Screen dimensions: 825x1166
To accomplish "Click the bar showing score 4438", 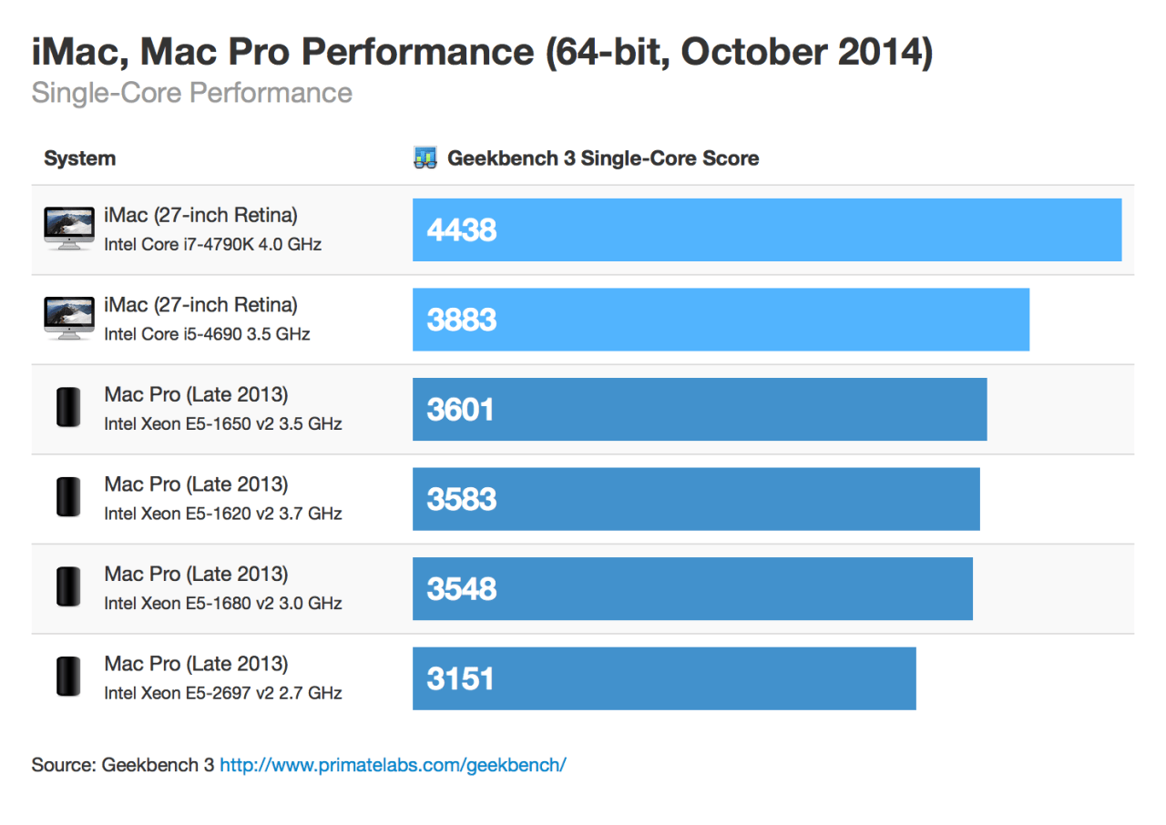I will click(766, 229).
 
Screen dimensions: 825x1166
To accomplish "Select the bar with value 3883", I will click(721, 320).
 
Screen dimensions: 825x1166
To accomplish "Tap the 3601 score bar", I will click(699, 409).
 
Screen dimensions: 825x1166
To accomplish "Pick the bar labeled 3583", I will click(695, 499).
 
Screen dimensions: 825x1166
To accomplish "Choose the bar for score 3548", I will click(692, 588).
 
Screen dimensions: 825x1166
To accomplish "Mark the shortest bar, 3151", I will click(663, 678).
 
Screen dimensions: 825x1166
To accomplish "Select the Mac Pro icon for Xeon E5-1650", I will click(68, 408).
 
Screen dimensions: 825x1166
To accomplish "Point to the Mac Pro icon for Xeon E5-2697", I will click(68, 677).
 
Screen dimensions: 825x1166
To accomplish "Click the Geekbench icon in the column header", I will click(424, 158).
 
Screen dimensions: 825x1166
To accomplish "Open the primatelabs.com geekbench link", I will click(393, 764).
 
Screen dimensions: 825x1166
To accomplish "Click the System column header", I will click(80, 158).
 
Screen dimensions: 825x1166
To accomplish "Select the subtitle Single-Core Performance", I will click(191, 93).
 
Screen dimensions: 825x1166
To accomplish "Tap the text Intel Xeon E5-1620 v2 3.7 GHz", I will click(222, 514).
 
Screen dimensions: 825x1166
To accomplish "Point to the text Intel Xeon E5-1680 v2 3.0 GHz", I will click(222, 603).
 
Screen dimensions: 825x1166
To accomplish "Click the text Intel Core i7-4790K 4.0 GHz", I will click(212, 244).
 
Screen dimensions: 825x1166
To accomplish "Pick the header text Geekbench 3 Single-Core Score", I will click(602, 158).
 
